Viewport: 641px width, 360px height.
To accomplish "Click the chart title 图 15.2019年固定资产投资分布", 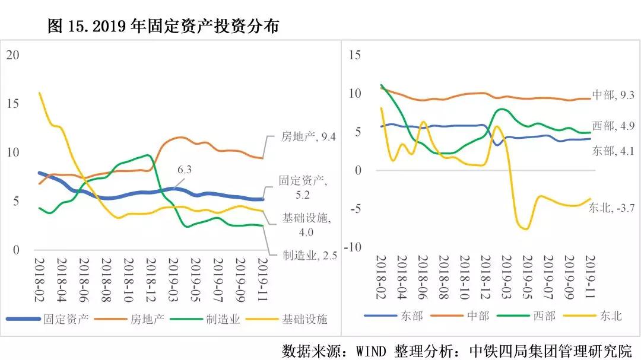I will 163,27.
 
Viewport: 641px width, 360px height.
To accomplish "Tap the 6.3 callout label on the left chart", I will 185,170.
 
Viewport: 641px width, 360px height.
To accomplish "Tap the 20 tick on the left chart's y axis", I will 12,55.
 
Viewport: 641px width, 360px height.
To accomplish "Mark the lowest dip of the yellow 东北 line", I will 525,229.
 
